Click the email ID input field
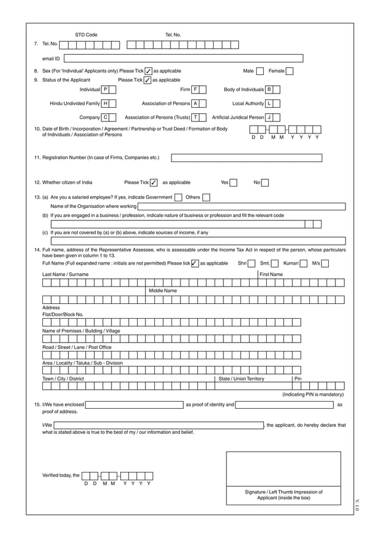[x=183, y=58]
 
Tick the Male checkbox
[x=260, y=71]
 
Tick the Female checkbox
[x=289, y=71]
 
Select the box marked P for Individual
[x=105, y=89]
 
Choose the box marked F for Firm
[x=194, y=89]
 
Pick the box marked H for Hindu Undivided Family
[x=105, y=104]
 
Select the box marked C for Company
[x=105, y=117]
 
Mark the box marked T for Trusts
[x=195, y=117]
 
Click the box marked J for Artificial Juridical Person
[x=269, y=117]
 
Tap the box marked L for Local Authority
[x=269, y=104]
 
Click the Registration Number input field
[x=247, y=158]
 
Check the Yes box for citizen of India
[x=233, y=183]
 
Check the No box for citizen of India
[x=264, y=183]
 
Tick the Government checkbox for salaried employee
[x=179, y=197]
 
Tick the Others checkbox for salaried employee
[x=206, y=197]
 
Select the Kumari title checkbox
[x=304, y=263]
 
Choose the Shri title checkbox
[x=251, y=263]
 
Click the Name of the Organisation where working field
[x=241, y=207]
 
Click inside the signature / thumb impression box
[x=284, y=469]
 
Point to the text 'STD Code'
[x=86, y=35]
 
